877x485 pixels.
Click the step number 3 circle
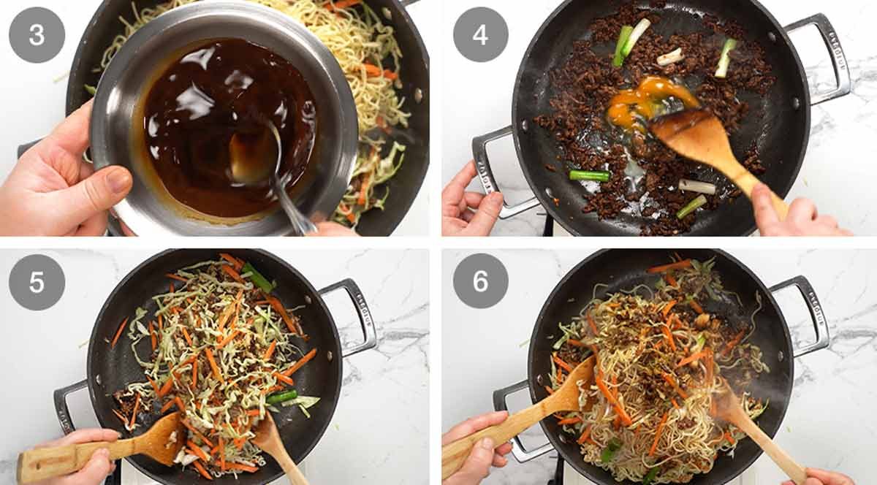point(37,34)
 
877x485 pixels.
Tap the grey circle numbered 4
point(481,34)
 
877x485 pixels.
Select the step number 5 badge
point(37,282)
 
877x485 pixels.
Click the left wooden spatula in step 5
point(110,449)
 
